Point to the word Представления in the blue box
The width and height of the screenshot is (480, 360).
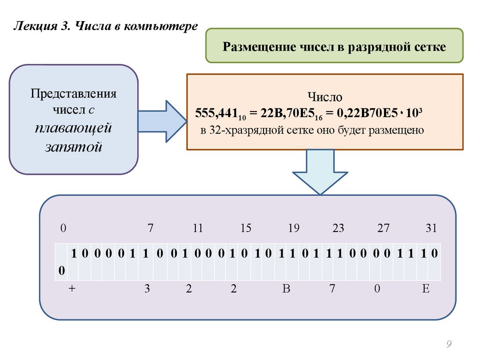click(74, 93)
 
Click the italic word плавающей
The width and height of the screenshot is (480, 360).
click(74, 127)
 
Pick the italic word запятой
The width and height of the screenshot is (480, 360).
click(74, 147)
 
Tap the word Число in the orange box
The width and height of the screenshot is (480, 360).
click(325, 97)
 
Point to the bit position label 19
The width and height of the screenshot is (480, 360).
click(293, 229)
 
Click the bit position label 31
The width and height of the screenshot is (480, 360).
click(431, 229)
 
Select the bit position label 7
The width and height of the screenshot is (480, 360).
click(150, 229)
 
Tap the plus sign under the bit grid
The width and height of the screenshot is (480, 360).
click(72, 289)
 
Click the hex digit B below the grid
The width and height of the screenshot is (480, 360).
click(286, 289)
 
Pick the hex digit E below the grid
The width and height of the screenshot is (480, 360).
click(426, 289)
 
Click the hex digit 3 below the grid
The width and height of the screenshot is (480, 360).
click(147, 289)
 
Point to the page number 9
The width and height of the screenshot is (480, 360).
click(449, 345)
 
